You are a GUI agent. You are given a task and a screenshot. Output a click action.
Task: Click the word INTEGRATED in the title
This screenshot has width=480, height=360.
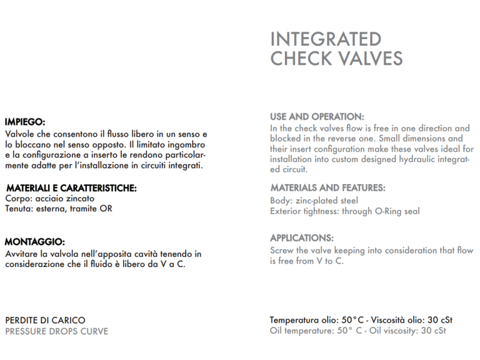[326, 39]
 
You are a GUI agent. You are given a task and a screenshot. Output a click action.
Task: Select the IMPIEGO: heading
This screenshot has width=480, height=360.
[25, 121]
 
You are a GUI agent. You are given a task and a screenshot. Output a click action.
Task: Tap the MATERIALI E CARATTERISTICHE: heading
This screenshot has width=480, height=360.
[71, 188]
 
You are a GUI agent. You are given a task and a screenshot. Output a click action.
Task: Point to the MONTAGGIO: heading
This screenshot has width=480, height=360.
[34, 242]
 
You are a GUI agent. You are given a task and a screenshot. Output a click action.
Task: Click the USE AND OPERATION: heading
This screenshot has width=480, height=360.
[317, 116]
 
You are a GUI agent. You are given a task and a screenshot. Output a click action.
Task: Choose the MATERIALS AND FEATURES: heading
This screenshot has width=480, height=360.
[328, 188]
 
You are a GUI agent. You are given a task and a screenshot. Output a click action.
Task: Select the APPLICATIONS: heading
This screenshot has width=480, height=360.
[302, 238]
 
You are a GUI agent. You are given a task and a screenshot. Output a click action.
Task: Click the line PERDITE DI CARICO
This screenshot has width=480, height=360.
[45, 320]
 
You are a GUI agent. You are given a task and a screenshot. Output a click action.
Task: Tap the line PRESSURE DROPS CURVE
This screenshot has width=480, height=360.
[56, 331]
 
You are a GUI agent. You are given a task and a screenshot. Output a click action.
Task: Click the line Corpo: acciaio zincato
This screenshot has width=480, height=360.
[49, 199]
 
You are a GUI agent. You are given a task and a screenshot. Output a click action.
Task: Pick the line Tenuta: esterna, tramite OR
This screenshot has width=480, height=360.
[58, 209]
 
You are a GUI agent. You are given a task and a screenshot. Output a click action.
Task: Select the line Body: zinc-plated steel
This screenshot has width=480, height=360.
[314, 200]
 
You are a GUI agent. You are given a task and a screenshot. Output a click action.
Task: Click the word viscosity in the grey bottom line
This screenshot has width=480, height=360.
[400, 331]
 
